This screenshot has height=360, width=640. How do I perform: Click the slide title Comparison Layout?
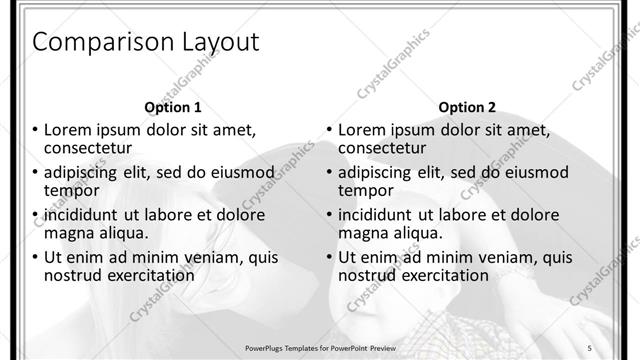coord(146,42)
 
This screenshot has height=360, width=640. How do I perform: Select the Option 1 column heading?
coord(173,107)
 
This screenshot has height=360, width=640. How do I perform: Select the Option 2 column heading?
coord(467,107)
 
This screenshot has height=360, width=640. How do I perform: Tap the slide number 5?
coord(590,347)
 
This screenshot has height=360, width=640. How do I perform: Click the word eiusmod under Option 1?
coord(240,172)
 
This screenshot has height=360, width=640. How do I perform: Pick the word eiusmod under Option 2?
coord(534,172)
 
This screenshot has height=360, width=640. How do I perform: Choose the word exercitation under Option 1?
coord(144,275)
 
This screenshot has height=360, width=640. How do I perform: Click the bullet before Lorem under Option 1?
coord(35,130)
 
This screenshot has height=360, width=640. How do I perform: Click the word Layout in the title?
coord(216,42)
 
